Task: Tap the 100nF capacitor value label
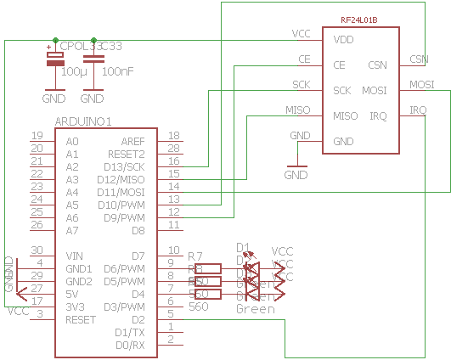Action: tap(117, 72)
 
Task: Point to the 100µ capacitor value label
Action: tap(74, 72)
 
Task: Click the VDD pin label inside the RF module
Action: tap(343, 40)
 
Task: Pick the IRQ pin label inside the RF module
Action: tap(378, 116)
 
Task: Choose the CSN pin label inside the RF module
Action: tap(378, 65)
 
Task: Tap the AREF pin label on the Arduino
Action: tap(132, 142)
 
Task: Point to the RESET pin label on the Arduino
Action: tap(81, 320)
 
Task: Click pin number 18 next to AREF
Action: tap(173, 136)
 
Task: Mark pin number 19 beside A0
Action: tap(37, 136)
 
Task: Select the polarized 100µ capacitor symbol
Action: tap(54, 59)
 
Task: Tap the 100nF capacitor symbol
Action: tap(95, 59)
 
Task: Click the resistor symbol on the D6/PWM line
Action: tap(209, 268)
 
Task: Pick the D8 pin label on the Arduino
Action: tap(138, 231)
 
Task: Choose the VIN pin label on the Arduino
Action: tap(73, 256)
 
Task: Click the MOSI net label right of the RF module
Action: tap(421, 85)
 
